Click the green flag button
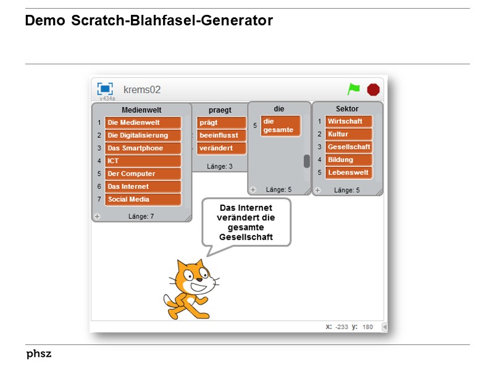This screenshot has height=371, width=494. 353,89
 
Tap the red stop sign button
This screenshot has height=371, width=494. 373,90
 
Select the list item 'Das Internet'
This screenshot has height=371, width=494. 143,187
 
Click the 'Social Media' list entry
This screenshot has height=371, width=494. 143,200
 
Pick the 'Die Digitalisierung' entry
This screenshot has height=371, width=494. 143,135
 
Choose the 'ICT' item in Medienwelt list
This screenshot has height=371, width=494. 143,161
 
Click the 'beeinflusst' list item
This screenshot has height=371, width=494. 221,135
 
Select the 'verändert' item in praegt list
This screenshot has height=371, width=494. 221,148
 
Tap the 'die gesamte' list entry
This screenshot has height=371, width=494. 280,126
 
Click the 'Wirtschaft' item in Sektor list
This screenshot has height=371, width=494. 348,121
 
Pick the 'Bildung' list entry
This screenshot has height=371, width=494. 348,160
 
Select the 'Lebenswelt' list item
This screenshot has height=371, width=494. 348,173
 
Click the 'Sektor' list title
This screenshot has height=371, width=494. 347,109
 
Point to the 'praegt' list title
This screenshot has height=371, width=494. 220,110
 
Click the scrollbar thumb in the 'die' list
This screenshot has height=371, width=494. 306,161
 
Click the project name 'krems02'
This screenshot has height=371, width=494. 142,90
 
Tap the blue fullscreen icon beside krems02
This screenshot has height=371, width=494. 106,89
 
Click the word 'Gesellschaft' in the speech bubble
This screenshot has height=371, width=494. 246,237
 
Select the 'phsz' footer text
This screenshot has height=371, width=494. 39,354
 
